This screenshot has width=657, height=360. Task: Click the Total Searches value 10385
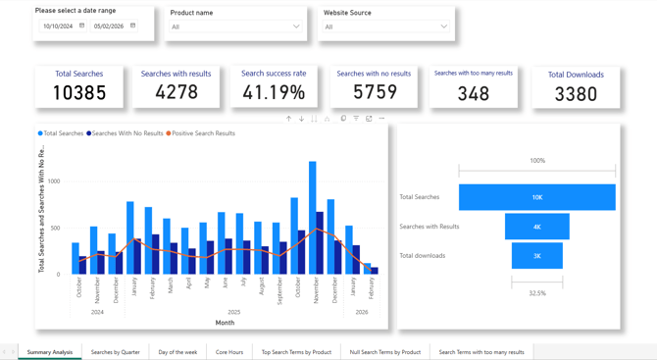point(79,93)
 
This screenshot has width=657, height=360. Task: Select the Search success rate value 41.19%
point(274,92)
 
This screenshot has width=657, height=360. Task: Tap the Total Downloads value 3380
point(576,94)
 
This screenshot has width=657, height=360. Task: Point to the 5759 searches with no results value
point(375,92)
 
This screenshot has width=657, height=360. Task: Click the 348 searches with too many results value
point(474,93)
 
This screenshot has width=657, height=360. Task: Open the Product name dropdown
point(236,27)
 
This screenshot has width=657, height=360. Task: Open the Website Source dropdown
point(385,27)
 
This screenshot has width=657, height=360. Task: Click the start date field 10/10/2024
point(58,26)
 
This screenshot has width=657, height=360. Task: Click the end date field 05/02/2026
point(110,26)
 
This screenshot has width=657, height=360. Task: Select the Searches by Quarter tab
point(116,352)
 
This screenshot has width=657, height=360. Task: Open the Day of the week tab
point(177,352)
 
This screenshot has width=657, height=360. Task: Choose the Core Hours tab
point(229,352)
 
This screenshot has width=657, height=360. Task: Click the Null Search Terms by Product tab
point(384,352)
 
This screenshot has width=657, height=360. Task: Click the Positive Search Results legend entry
point(203,133)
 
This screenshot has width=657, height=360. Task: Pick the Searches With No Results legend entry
point(127,133)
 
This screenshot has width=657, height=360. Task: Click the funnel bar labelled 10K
point(536,197)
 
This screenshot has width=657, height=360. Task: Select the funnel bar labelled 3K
point(536,256)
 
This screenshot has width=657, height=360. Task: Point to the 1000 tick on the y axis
point(54,181)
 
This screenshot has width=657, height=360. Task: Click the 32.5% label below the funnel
point(536,293)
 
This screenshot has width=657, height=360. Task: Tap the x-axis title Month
point(225,323)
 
